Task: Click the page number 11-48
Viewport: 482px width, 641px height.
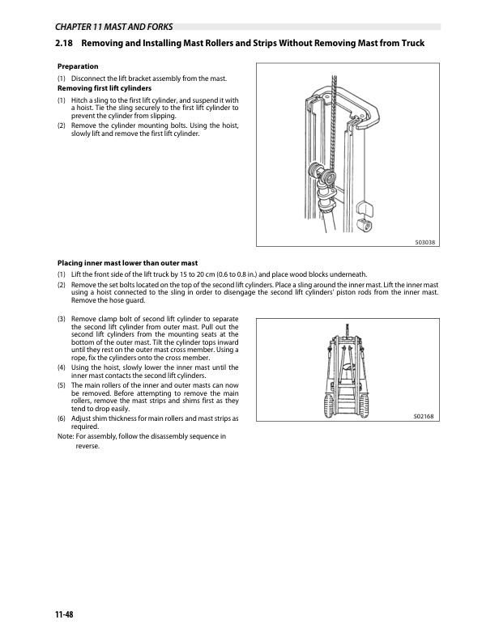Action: pyautogui.click(x=64, y=614)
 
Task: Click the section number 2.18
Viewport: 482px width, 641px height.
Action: pyautogui.click(x=64, y=43)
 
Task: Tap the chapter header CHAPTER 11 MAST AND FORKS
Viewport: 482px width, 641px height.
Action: pyautogui.click(x=113, y=27)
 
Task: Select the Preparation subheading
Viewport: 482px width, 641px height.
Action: pyautogui.click(x=78, y=66)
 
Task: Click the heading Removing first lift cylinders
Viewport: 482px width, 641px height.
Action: pyautogui.click(x=105, y=88)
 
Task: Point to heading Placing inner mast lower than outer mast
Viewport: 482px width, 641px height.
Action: pyautogui.click(x=127, y=263)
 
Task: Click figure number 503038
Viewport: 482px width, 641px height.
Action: pyautogui.click(x=424, y=242)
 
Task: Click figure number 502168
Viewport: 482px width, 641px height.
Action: pyautogui.click(x=424, y=417)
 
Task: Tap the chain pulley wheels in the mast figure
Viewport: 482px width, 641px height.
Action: pyautogui.click(x=322, y=173)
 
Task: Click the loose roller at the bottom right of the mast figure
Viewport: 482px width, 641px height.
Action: pyautogui.click(x=364, y=225)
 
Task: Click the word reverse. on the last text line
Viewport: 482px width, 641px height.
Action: pyautogui.click(x=87, y=446)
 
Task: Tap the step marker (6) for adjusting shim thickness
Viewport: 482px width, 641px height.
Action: pyautogui.click(x=62, y=418)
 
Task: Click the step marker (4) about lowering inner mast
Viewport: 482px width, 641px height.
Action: pyautogui.click(x=62, y=367)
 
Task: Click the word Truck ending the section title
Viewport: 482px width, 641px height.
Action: pyautogui.click(x=412, y=43)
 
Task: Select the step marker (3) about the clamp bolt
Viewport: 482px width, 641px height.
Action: pyautogui.click(x=62, y=319)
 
